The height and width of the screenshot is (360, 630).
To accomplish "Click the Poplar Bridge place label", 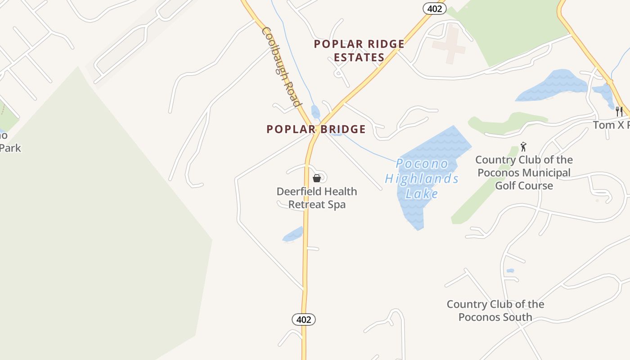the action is coord(316,129).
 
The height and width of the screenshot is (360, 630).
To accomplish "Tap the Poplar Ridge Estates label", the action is coord(359,50).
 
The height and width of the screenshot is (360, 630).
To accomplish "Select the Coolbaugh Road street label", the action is coord(281,67).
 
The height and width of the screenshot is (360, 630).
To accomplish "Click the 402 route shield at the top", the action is coord(434,8).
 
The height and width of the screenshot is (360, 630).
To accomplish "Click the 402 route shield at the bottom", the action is coord(304,319).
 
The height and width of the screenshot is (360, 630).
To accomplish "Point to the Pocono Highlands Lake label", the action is coord(422,179).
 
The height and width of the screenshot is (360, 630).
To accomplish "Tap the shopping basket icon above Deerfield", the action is coord(317,178).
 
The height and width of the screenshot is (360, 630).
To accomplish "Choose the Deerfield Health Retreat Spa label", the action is coord(317,198).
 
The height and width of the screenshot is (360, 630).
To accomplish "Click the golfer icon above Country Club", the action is coord(523,147).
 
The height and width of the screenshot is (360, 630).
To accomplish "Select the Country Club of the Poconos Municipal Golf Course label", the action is coord(524,173).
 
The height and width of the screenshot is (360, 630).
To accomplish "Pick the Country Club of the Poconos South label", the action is coord(495,310).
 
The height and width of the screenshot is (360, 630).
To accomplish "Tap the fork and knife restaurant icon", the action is coord(619,111).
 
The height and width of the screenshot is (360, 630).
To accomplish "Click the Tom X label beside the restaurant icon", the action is coord(611,125).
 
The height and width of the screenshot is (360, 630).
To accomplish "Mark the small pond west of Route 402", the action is coord(293,234).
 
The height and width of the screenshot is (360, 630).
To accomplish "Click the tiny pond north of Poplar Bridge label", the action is coord(315,111).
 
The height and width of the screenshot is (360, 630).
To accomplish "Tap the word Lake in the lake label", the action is coord(422,194).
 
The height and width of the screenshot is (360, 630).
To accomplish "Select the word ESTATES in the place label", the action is coord(359,57).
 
